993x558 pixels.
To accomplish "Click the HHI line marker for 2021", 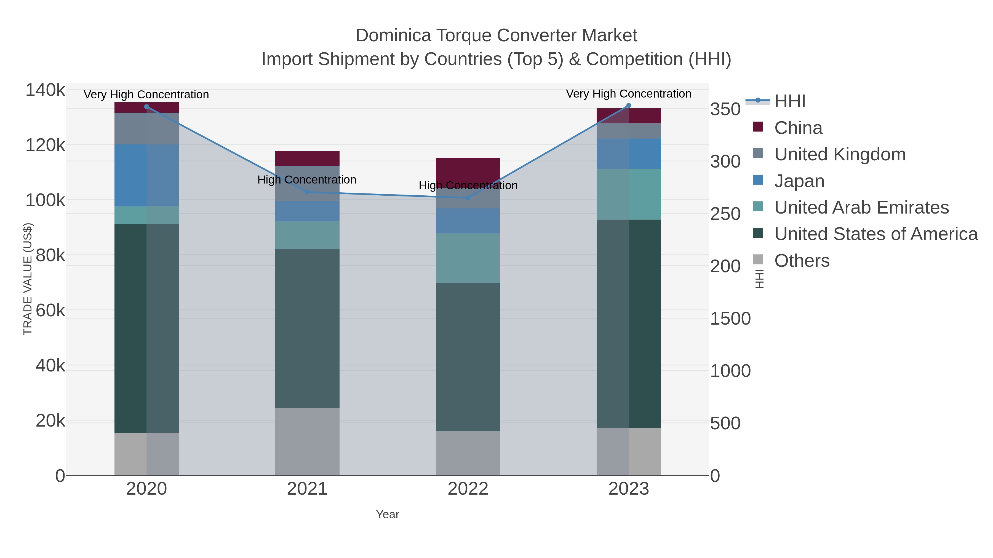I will pyautogui.click(x=307, y=192).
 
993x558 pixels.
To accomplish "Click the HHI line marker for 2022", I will pyautogui.click(x=468, y=198).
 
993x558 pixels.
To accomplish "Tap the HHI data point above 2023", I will pyautogui.click(x=629, y=106).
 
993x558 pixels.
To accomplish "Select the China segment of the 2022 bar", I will pyautogui.click(x=468, y=169).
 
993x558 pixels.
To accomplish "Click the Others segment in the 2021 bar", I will pyautogui.click(x=307, y=441).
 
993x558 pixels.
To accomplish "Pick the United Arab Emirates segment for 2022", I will pyautogui.click(x=468, y=258).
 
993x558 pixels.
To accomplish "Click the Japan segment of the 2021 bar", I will pyautogui.click(x=307, y=211).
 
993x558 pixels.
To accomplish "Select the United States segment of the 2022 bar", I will pyautogui.click(x=468, y=357).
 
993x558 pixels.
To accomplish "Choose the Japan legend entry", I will pyautogui.click(x=799, y=181).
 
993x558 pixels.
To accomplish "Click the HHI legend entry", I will pyautogui.click(x=789, y=101).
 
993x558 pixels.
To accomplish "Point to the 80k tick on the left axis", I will pyautogui.click(x=50, y=255).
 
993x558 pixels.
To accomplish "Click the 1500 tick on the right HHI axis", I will pyautogui.click(x=730, y=319).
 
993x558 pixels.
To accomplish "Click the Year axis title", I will pyautogui.click(x=388, y=514).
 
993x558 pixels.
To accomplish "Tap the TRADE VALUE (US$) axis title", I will pyautogui.click(x=28, y=279).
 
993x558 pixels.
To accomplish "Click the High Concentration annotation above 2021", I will pyautogui.click(x=307, y=180).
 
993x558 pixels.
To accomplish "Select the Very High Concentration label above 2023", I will pyautogui.click(x=628, y=94).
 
